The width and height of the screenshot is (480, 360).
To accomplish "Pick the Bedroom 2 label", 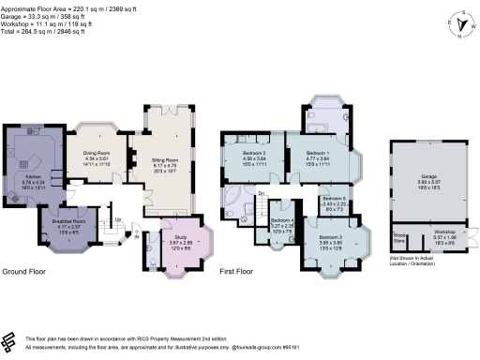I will (256, 152).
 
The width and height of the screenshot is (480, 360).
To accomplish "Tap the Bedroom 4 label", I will (283, 219).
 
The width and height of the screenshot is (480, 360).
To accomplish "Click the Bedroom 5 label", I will (336, 199).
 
